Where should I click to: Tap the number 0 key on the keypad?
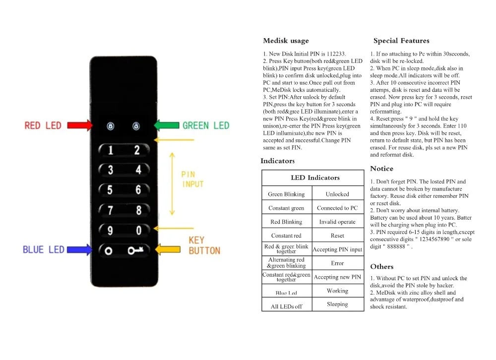(x=138, y=230)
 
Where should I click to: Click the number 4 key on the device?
(x=138, y=170)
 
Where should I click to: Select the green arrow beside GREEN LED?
(x=167, y=125)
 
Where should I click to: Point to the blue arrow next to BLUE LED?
(x=79, y=249)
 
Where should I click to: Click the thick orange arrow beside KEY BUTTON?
(x=168, y=249)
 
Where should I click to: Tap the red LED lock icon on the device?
(x=111, y=126)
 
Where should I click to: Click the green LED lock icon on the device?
(x=136, y=126)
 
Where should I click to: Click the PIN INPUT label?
(x=192, y=180)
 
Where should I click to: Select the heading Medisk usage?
(x=286, y=41)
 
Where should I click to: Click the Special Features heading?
(x=401, y=41)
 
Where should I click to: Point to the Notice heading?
(x=382, y=169)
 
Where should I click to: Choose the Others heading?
(x=382, y=267)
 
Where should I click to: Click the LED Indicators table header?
(x=315, y=178)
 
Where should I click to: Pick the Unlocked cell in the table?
(x=337, y=194)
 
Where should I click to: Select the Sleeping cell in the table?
(x=337, y=304)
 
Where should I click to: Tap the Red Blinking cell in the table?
(x=286, y=222)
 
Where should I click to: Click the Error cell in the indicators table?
(x=337, y=263)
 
